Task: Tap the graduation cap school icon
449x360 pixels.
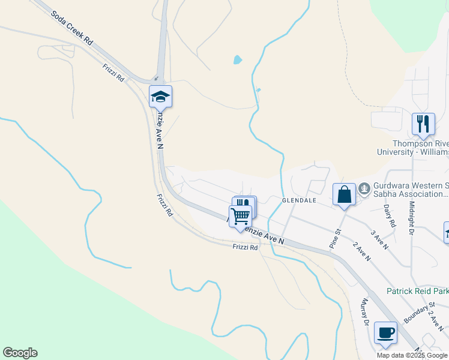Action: (160, 96)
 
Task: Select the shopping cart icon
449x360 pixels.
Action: (240, 215)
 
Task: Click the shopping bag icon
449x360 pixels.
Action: (344, 194)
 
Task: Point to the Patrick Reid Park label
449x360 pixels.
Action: (417, 291)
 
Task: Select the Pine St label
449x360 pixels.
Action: (334, 238)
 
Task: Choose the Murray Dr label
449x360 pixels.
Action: (364, 312)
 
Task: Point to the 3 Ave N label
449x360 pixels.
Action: (380, 239)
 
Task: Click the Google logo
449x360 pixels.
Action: (20, 353)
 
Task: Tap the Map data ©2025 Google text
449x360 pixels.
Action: (412, 355)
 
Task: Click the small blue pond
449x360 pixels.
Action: (238, 60)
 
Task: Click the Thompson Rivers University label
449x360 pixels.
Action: (420, 148)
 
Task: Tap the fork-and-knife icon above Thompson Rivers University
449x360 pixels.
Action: (423, 124)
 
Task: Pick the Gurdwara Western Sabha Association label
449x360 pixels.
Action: (411, 190)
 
